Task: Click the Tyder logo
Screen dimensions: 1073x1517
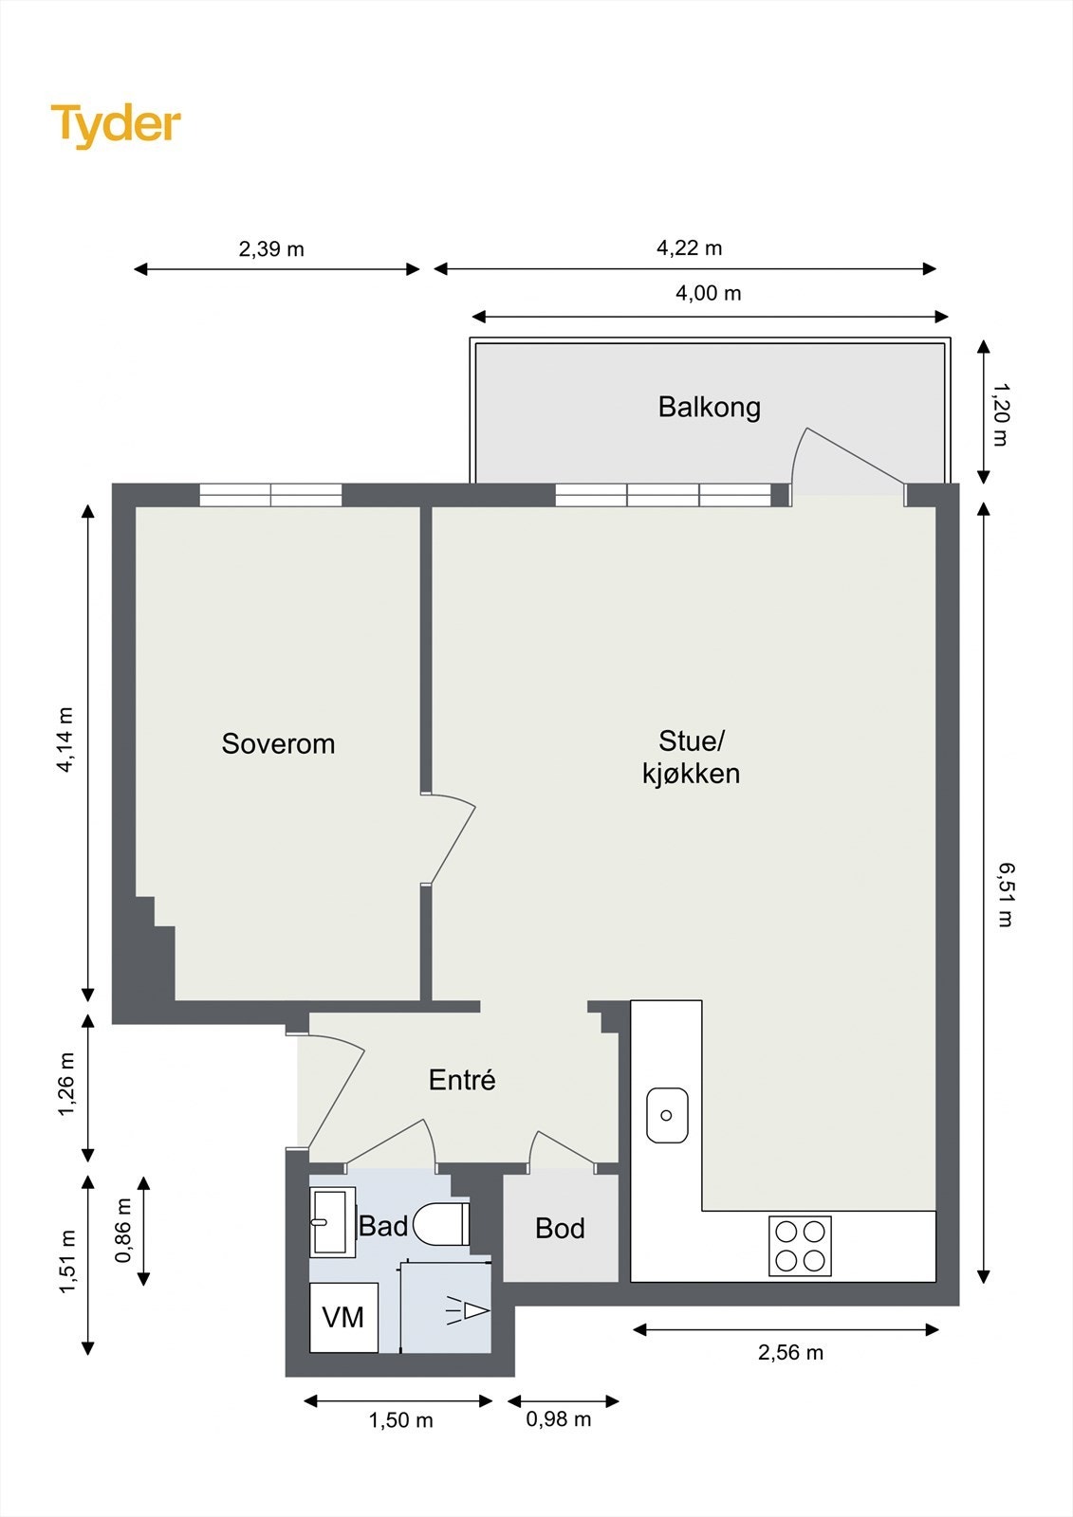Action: tap(116, 126)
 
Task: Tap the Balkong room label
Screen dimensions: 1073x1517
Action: tap(709, 407)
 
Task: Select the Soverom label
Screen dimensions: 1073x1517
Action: tap(278, 743)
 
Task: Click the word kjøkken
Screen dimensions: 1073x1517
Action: tap(691, 774)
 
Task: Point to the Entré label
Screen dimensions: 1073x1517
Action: tap(462, 1080)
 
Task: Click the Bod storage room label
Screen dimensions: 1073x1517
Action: tap(560, 1229)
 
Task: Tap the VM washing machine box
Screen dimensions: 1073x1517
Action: tap(343, 1317)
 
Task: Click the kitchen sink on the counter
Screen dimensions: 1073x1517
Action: tap(667, 1115)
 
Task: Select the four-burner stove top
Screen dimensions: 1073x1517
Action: tap(800, 1246)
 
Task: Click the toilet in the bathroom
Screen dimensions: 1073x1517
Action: tap(440, 1224)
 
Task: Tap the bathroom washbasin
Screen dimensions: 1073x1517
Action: tap(333, 1222)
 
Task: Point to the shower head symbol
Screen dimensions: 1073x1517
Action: tap(467, 1312)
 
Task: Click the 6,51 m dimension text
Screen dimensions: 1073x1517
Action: tap(1006, 895)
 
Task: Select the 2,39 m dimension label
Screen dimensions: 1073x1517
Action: tap(271, 249)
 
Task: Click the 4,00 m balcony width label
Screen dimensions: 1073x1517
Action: tap(709, 293)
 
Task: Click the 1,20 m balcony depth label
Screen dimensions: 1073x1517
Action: tap(1001, 414)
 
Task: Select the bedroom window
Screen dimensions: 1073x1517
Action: tap(271, 495)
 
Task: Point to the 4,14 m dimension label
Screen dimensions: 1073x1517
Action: tap(65, 740)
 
